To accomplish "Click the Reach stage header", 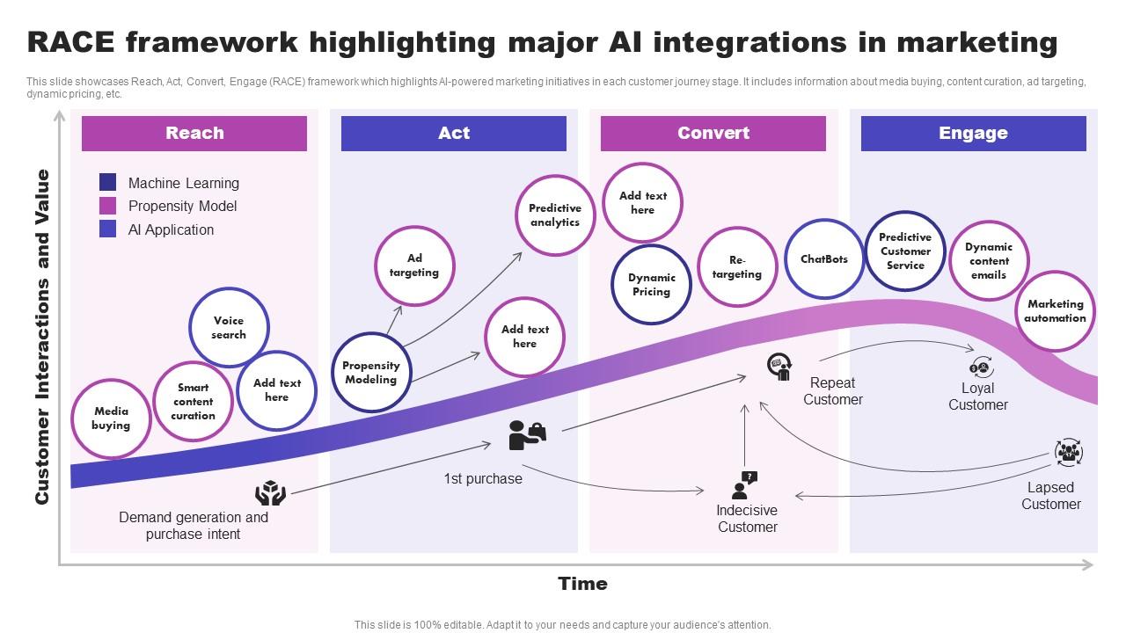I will pyautogui.click(x=194, y=134).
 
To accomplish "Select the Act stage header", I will pyautogui.click(x=453, y=134).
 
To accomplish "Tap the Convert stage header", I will pyautogui.click(x=713, y=134).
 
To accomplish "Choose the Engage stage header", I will pyautogui.click(x=973, y=134).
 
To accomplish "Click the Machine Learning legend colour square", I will pyautogui.click(x=107, y=183).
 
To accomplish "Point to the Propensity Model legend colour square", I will pyautogui.click(x=107, y=206).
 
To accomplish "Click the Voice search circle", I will pyautogui.click(x=229, y=328).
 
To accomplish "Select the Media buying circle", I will pyautogui.click(x=111, y=418).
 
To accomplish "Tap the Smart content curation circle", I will pyautogui.click(x=193, y=401).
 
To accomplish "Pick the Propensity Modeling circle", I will pyautogui.click(x=371, y=373).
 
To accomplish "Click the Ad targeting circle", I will pyautogui.click(x=414, y=266).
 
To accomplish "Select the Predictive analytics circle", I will pyautogui.click(x=554, y=215).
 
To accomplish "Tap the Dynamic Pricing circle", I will pyautogui.click(x=651, y=285).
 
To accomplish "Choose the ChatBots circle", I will pyautogui.click(x=824, y=259).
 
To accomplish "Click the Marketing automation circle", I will pyautogui.click(x=1055, y=311).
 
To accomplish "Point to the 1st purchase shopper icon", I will pyautogui.click(x=527, y=435).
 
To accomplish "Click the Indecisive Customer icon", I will pyautogui.click(x=744, y=484).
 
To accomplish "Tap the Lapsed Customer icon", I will pyautogui.click(x=1068, y=453).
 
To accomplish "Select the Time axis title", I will pyautogui.click(x=582, y=584).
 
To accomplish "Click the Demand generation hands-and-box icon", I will pyautogui.click(x=271, y=493).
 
